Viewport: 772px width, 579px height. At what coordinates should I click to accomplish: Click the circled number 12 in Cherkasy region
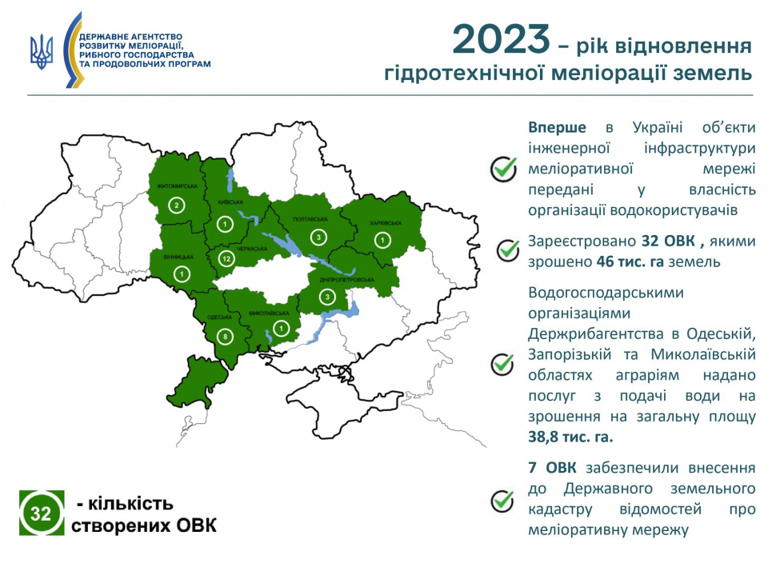click(x=226, y=258)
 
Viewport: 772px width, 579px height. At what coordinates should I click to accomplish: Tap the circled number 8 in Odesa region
click(x=226, y=337)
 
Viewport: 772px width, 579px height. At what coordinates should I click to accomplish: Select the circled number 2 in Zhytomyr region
click(x=176, y=206)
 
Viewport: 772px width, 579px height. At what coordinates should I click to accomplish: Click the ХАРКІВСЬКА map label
click(x=385, y=223)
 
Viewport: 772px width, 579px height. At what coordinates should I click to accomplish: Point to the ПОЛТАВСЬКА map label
click(x=310, y=219)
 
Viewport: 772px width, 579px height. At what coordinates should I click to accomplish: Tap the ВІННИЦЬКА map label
click(x=178, y=257)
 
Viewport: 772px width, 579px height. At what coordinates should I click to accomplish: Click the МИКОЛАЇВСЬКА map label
click(x=269, y=313)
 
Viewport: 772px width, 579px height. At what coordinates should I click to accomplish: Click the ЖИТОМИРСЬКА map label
click(x=177, y=186)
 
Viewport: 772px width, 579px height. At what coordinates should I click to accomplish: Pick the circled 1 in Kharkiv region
click(x=382, y=240)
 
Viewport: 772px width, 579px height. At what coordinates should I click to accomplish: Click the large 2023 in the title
click(x=501, y=39)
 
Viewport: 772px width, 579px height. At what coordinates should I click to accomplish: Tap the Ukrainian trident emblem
click(x=42, y=51)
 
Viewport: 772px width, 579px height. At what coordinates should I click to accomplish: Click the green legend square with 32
click(x=42, y=513)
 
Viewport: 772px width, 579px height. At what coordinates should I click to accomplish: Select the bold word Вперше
click(x=557, y=127)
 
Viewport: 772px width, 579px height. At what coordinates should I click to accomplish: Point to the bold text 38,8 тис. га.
click(x=570, y=437)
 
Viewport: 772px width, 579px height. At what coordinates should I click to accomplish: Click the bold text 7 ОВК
click(x=552, y=468)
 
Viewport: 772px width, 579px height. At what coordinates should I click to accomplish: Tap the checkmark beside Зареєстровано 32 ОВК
click(x=508, y=250)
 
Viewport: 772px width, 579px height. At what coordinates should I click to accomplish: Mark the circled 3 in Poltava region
click(x=318, y=238)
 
